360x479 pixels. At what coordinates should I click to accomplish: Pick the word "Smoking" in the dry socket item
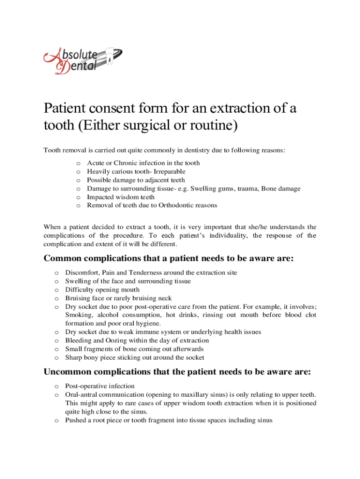[x=77, y=315]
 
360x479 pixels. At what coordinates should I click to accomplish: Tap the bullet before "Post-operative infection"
[x=56, y=386]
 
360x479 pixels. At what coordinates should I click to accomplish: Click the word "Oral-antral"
[x=82, y=395]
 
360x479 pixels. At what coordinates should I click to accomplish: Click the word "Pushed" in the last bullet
[x=75, y=420]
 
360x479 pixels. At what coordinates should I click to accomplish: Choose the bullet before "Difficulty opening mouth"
[x=56, y=290]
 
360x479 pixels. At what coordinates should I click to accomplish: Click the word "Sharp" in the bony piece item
[x=74, y=357]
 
